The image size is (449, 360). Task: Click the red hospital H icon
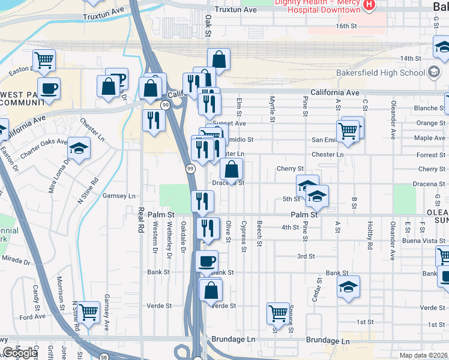369,5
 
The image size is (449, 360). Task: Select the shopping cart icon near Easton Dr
44,59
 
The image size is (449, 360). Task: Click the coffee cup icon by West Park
49,88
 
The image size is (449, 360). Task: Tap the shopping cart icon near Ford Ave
88,311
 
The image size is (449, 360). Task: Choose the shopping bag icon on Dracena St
231,169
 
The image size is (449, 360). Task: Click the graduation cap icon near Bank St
348,287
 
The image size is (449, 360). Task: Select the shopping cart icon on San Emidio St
348,130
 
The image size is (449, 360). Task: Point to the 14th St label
411,58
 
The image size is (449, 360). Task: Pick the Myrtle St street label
272,109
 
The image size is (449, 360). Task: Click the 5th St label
291,199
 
